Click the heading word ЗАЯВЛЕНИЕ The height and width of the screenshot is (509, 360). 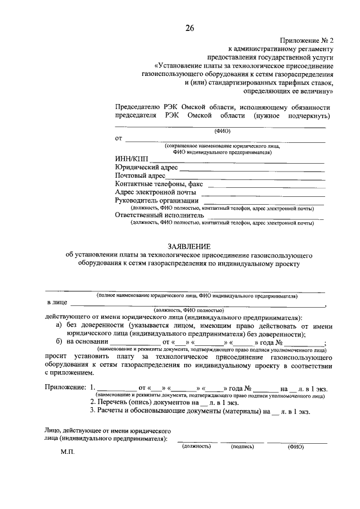point(189,246)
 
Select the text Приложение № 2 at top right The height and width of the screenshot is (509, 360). point(307,40)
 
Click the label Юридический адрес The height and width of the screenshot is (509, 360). point(146,168)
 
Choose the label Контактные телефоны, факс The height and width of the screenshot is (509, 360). point(159,184)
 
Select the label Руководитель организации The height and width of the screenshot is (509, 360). point(156,200)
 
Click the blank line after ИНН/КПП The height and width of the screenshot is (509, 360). point(236,161)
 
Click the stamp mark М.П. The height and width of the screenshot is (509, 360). point(67,452)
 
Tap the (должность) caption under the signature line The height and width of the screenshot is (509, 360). point(196,446)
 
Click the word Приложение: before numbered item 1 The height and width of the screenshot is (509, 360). point(65,388)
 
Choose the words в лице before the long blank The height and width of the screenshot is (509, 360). point(57,303)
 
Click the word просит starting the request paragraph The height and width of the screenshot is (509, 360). point(56,357)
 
